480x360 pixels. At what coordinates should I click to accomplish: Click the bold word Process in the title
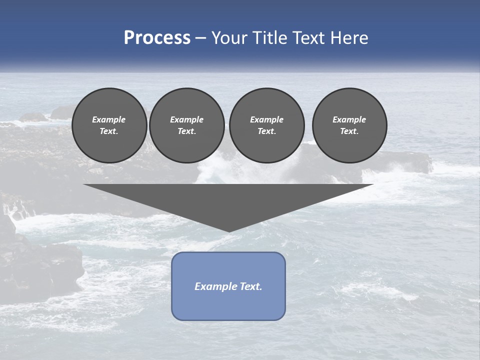click(157, 38)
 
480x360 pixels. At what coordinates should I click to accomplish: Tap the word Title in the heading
click(268, 38)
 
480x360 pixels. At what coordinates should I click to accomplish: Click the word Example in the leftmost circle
click(109, 119)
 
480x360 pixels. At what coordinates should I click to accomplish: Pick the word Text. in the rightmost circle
click(349, 131)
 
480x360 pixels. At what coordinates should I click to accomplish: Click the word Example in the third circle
click(266, 119)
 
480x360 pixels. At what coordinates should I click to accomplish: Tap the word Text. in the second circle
click(186, 131)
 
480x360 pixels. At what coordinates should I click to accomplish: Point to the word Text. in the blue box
click(250, 286)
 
